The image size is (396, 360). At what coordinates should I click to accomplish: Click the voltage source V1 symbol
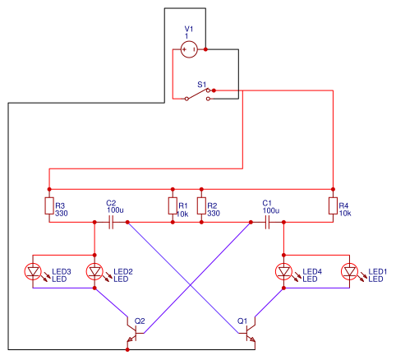click(188, 50)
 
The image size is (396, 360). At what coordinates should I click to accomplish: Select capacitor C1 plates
click(268, 222)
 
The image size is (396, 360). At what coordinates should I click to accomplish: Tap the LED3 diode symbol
click(34, 271)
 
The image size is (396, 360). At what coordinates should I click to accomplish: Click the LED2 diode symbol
click(94, 271)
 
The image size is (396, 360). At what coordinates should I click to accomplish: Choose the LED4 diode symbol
click(284, 271)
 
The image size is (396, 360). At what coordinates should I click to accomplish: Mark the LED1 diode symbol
click(350, 271)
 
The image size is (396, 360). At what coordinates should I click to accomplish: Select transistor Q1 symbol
click(250, 333)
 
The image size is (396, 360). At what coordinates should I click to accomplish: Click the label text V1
click(188, 29)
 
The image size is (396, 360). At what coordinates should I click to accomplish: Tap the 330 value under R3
click(61, 213)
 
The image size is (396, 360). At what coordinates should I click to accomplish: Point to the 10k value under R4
click(345, 213)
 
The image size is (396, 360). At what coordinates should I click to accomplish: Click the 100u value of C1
click(271, 210)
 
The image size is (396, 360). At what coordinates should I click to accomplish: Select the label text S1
click(202, 84)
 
